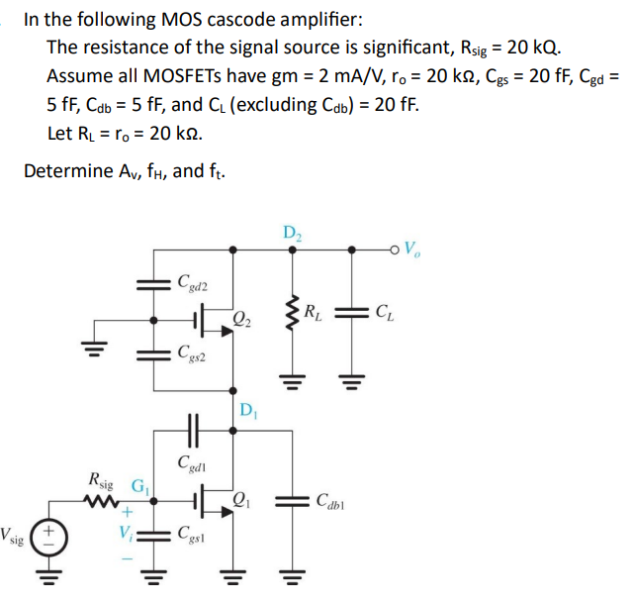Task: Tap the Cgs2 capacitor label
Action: point(192,353)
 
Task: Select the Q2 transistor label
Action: point(243,319)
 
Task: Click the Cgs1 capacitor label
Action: point(192,536)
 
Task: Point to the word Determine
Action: point(66,170)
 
